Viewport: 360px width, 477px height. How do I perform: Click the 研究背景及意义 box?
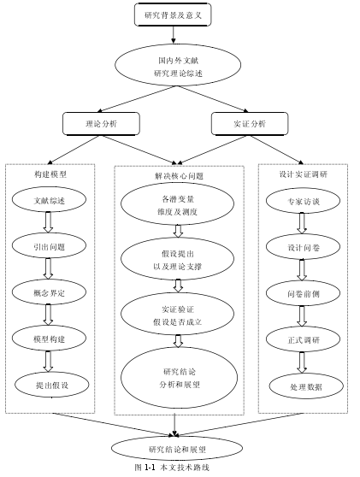pos(173,15)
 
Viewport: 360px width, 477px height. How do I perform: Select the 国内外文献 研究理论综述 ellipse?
pos(178,66)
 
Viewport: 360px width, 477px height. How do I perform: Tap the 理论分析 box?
pos(102,124)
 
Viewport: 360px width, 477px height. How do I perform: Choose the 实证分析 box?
pos(250,124)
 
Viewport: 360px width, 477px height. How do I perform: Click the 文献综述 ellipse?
pos(49,200)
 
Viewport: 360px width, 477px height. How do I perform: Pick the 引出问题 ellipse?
pos(49,246)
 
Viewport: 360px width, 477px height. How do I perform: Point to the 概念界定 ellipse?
pos(49,292)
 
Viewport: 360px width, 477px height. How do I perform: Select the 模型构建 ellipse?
pos(49,339)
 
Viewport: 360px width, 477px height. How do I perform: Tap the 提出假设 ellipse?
pos(52,385)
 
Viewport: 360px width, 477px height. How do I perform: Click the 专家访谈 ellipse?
pos(303,201)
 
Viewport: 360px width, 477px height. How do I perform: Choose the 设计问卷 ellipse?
pos(303,247)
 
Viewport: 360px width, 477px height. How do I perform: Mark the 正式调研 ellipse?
pos(303,339)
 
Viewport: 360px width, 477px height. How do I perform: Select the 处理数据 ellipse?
pos(306,386)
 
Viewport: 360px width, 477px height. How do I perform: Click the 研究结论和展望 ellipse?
pos(177,449)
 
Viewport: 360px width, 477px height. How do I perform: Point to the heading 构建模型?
pos(50,174)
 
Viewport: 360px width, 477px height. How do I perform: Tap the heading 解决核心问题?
pos(179,176)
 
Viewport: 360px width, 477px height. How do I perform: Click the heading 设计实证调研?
pos(303,174)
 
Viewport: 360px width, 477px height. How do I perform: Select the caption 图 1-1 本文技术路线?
pos(172,468)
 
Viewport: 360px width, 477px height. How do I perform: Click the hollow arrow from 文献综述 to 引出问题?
pos(48,222)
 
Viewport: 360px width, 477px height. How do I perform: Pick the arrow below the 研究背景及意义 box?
pos(174,35)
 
